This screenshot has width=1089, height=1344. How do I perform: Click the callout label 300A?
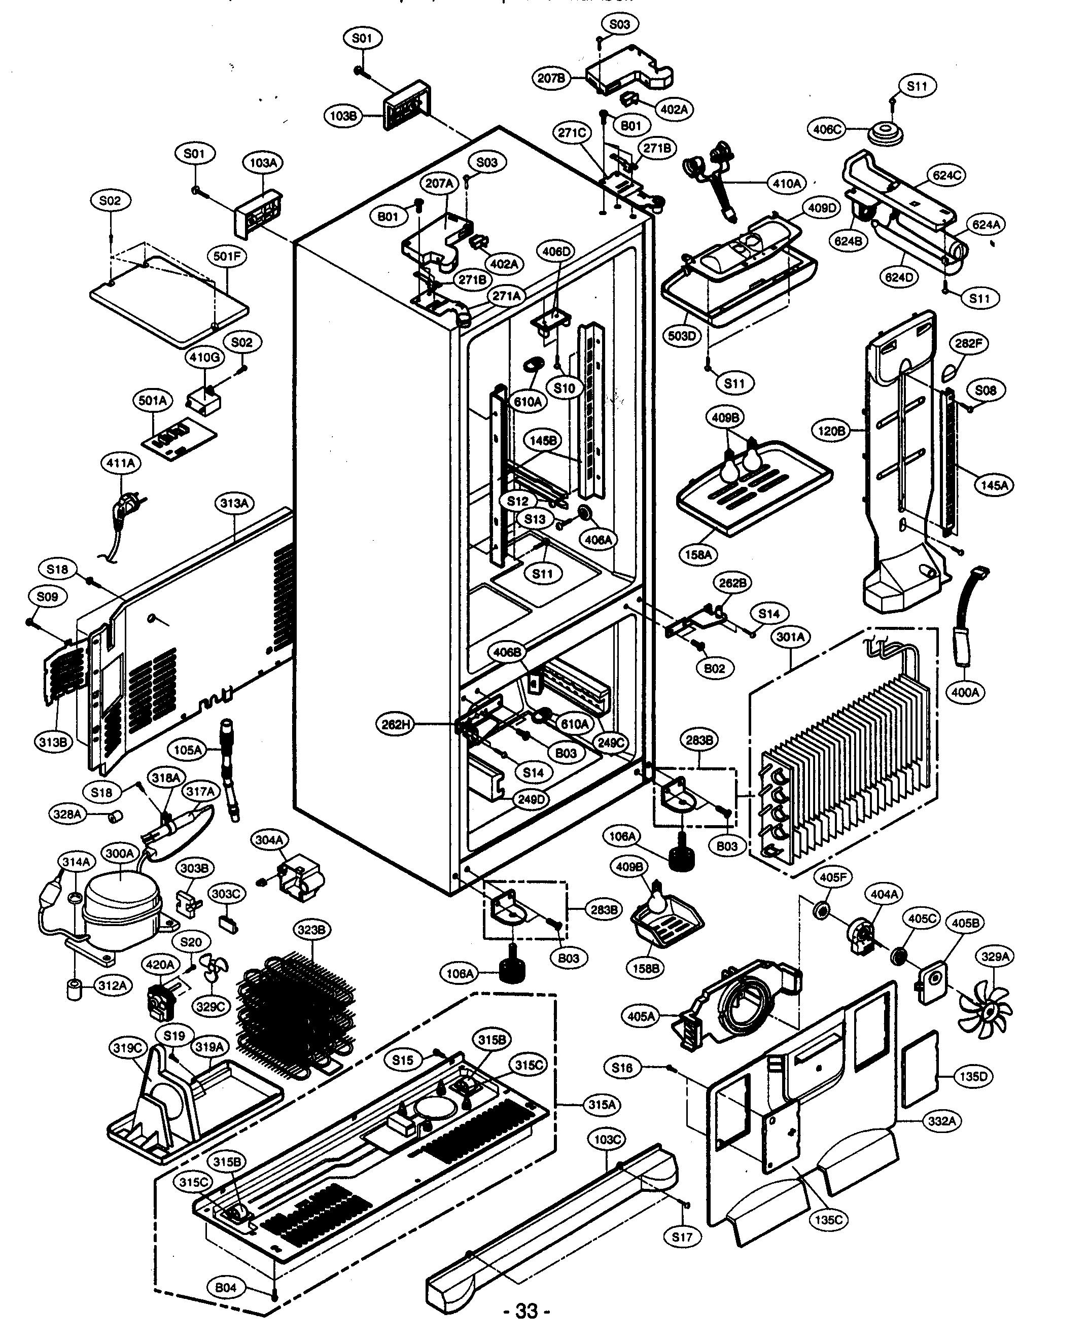tap(119, 853)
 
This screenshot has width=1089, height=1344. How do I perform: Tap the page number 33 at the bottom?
tap(527, 1328)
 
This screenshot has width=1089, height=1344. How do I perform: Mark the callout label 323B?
tap(312, 930)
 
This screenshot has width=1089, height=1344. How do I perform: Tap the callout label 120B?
tap(832, 431)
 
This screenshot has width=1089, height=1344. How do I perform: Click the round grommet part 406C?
tap(885, 134)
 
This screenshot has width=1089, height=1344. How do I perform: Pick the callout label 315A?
tap(602, 1105)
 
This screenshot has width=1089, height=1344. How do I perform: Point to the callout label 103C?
tap(607, 1140)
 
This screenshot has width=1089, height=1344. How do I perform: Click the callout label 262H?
tap(397, 725)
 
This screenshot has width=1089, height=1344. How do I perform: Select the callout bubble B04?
tap(226, 1288)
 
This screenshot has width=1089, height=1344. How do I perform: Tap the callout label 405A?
tap(641, 1015)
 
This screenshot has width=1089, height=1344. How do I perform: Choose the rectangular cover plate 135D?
tap(920, 1071)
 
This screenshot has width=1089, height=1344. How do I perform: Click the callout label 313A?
tap(235, 503)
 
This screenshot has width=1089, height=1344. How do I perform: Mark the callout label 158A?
tap(699, 554)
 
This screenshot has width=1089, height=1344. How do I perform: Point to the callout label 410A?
tap(787, 183)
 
